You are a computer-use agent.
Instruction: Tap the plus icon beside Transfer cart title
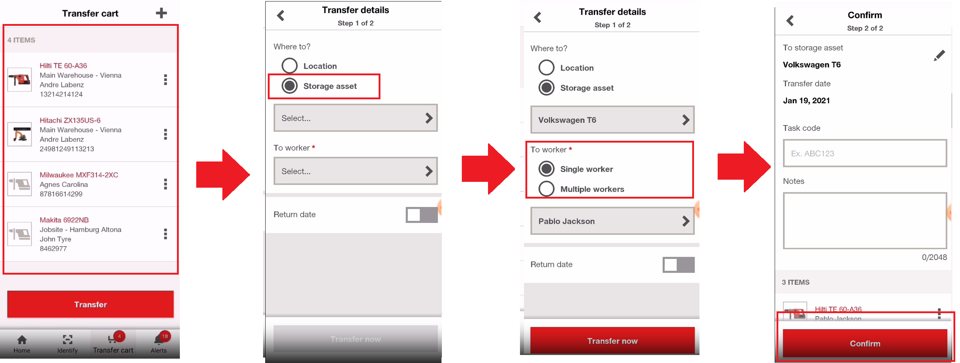tap(161, 13)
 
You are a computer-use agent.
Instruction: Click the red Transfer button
tap(90, 304)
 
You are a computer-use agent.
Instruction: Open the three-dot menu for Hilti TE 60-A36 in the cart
tap(165, 79)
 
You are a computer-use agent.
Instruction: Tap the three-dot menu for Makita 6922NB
tap(165, 234)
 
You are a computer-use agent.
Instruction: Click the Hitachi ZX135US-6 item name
tap(70, 120)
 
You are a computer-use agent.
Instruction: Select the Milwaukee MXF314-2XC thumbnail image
tap(20, 184)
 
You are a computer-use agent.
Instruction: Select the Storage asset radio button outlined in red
tap(290, 86)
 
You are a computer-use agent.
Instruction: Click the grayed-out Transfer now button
tap(355, 339)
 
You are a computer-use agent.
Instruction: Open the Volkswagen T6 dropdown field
tap(612, 120)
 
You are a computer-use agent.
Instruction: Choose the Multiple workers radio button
tap(546, 189)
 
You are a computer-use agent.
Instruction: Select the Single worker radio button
tap(546, 169)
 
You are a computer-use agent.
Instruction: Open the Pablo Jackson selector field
tap(612, 221)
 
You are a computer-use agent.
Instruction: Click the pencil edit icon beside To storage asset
tap(939, 56)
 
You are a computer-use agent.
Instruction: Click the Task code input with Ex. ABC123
tap(864, 153)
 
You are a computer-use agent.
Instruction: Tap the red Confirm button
tap(864, 343)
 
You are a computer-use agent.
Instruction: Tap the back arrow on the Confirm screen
tap(790, 20)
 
